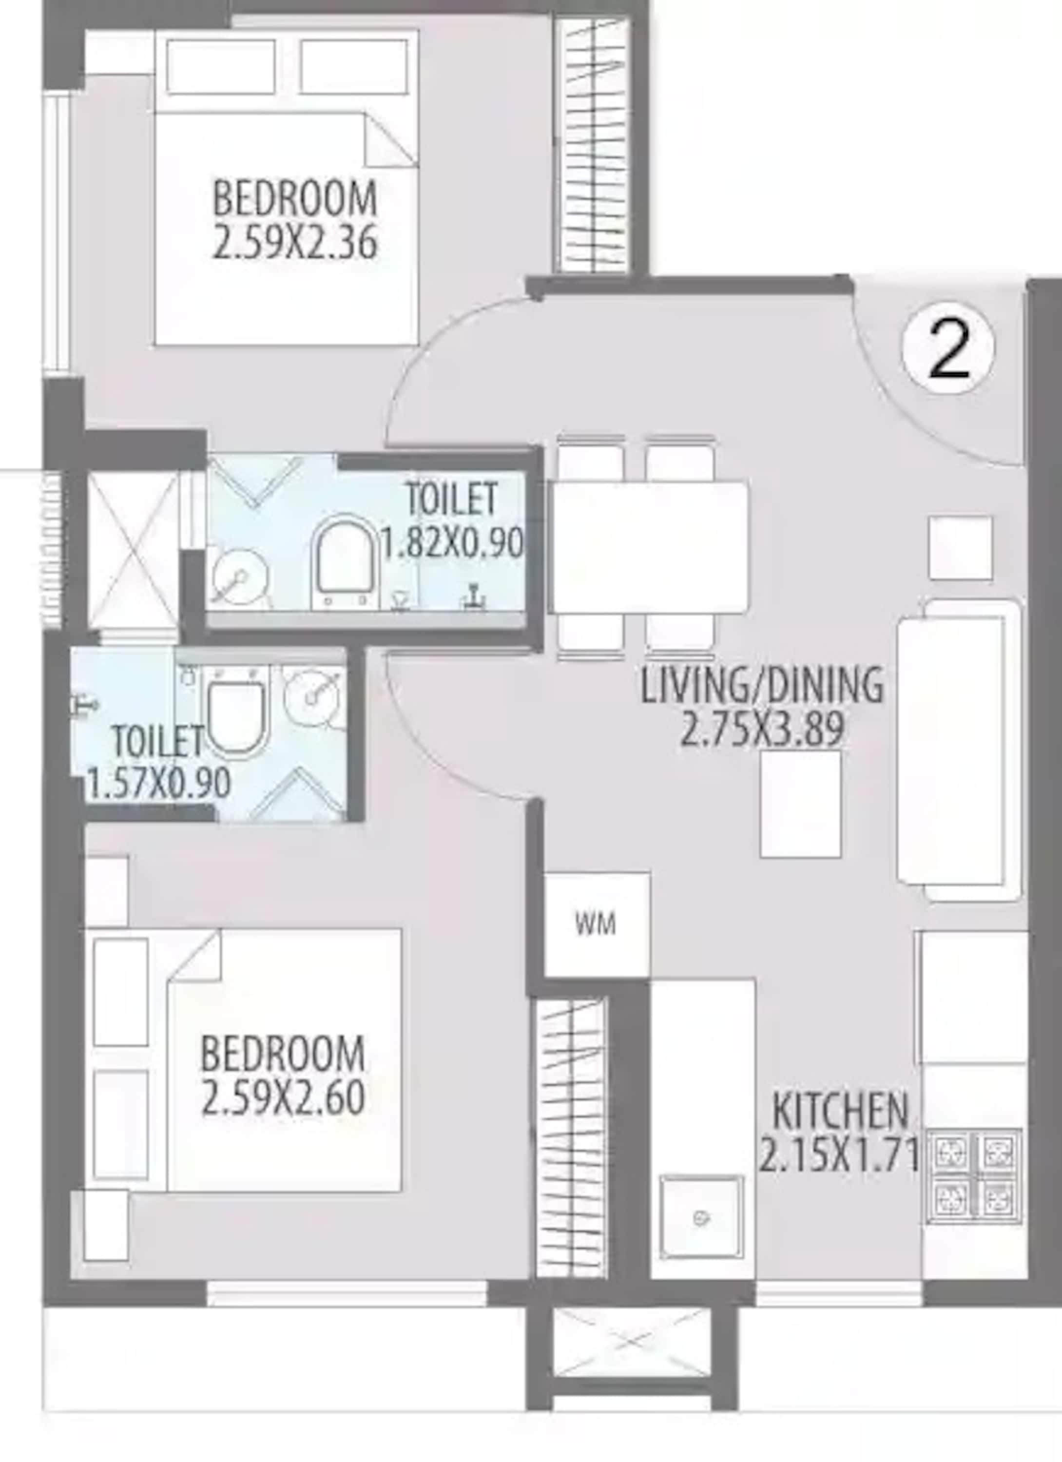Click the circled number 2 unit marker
[x=948, y=349]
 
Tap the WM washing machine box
[x=597, y=924]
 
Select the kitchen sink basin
[x=701, y=1218]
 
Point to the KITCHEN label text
[x=840, y=1110]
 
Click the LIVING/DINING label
[x=761, y=685]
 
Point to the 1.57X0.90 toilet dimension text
[x=158, y=784]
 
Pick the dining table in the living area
[x=649, y=547]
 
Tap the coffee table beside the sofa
[x=800, y=804]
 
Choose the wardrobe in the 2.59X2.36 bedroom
[x=591, y=146]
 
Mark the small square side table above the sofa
[x=960, y=548]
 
